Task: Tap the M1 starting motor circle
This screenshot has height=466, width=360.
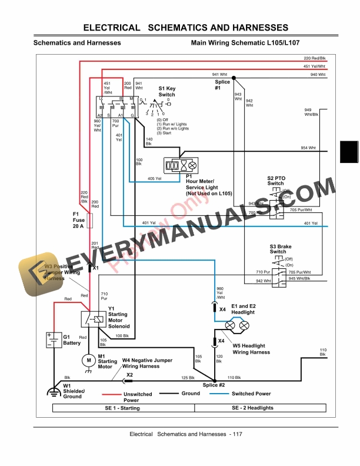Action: click(x=88, y=360)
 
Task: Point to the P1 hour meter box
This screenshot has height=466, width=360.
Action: click(x=183, y=166)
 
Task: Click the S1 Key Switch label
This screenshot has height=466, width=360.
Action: click(x=166, y=91)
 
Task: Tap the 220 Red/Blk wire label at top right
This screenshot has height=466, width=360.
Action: click(x=314, y=58)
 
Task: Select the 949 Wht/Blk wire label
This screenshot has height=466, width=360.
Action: click(x=328, y=112)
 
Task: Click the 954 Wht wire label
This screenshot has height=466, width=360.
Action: click(x=308, y=147)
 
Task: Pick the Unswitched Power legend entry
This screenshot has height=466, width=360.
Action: click(x=138, y=397)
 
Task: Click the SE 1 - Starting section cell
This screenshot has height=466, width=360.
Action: click(x=123, y=408)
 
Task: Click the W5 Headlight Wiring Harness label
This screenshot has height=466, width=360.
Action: click(x=251, y=349)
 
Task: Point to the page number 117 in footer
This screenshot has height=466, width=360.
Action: click(x=236, y=434)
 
